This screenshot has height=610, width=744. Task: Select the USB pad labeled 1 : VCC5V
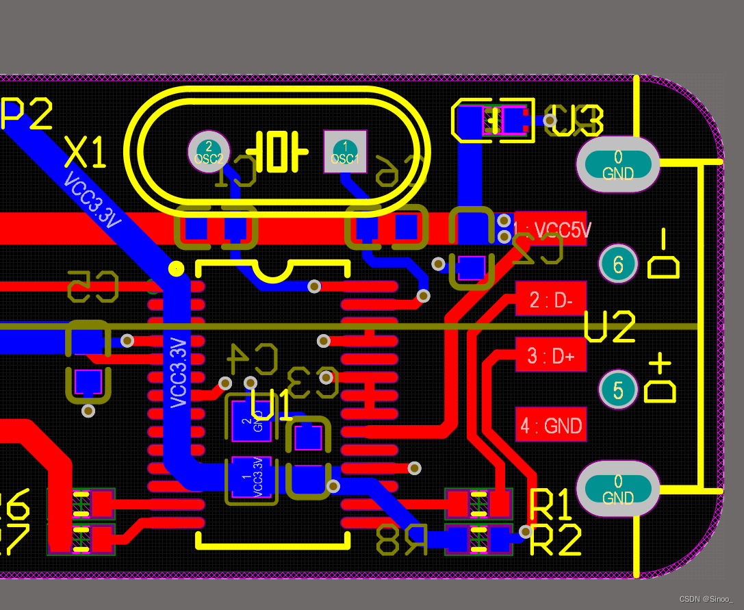(x=551, y=229)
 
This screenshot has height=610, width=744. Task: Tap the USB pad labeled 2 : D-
(x=551, y=299)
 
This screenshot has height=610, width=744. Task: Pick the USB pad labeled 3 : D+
(x=551, y=355)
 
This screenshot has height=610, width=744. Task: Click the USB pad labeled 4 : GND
(x=551, y=426)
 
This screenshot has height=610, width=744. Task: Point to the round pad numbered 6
(x=618, y=264)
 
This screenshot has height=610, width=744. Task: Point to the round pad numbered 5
(x=618, y=390)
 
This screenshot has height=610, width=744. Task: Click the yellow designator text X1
(x=86, y=152)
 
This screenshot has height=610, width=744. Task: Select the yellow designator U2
(x=611, y=327)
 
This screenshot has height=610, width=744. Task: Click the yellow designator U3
(x=577, y=121)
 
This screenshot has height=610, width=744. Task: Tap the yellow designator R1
(x=551, y=506)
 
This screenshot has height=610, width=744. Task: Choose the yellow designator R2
(x=556, y=540)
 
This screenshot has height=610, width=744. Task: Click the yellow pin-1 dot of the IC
(x=176, y=268)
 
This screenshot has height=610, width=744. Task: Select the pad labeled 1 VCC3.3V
(x=251, y=476)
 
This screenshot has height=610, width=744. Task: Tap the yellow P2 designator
(x=26, y=114)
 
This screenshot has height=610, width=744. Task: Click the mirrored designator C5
(x=93, y=286)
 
